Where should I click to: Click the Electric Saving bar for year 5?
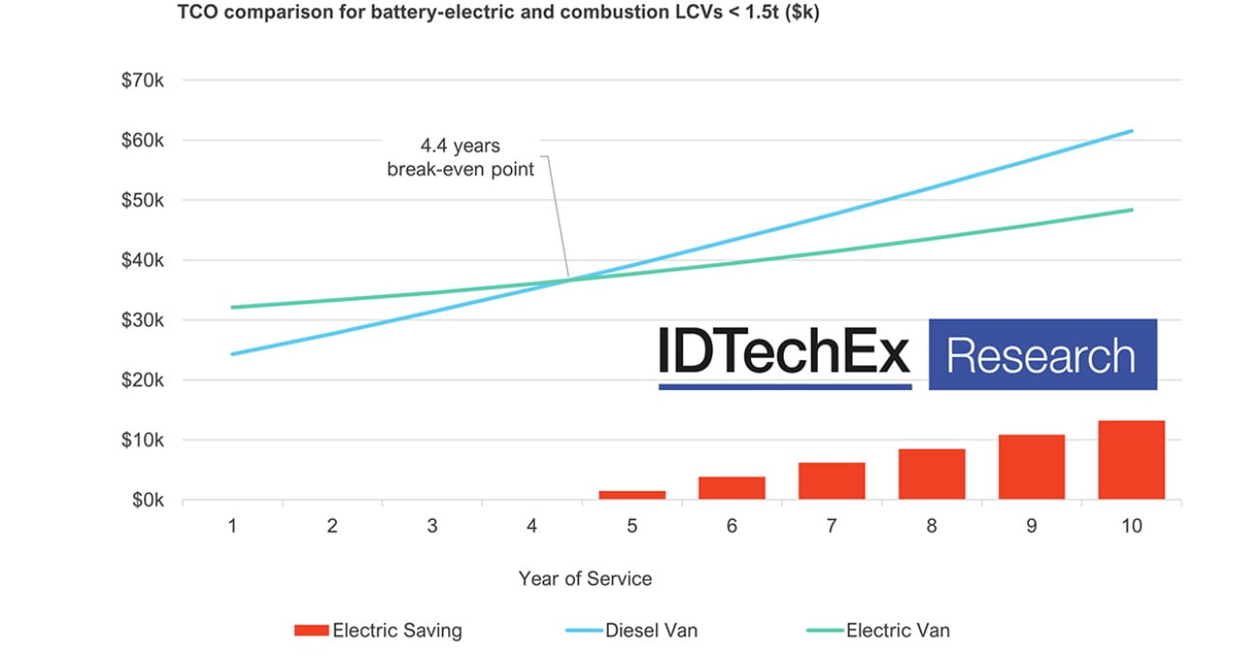[632, 495]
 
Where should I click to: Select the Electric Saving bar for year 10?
[1130, 460]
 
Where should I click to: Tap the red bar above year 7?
[831, 481]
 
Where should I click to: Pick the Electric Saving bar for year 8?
[931, 474]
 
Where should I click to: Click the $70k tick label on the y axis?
[142, 80]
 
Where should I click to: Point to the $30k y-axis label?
[142, 320]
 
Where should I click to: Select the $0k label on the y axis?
[146, 501]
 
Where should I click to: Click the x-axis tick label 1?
[232, 527]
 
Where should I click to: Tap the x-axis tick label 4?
[531, 527]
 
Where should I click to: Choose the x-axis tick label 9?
[1031, 527]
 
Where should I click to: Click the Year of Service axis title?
[585, 579]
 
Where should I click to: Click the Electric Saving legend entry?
[397, 631]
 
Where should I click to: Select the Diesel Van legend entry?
[650, 631]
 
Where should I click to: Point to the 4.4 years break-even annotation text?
[461, 158]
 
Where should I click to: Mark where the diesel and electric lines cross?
[569, 280]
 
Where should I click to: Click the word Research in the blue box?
[1041, 355]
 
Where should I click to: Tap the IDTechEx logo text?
[784, 351]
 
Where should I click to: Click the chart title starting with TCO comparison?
[497, 15]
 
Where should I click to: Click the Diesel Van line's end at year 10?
[1130, 131]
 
